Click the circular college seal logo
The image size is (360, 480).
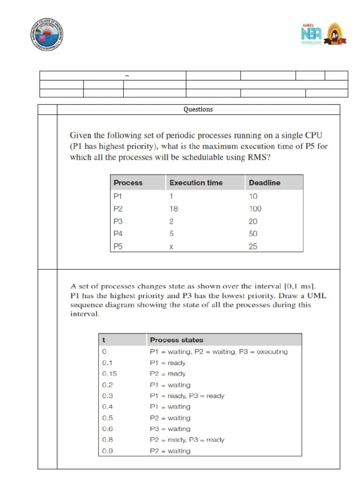click(x=46, y=34)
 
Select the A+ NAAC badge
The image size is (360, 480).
click(x=336, y=34)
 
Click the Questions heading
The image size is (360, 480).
click(x=198, y=109)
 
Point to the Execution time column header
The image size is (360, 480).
click(x=196, y=183)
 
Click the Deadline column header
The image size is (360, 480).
click(x=264, y=183)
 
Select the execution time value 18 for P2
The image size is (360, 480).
click(x=174, y=209)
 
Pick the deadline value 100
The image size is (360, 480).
click(x=255, y=209)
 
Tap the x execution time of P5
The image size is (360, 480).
click(x=171, y=247)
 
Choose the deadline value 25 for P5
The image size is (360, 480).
click(x=253, y=247)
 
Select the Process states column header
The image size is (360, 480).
click(x=176, y=340)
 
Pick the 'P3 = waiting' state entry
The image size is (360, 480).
click(x=170, y=429)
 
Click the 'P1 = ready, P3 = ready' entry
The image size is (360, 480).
click(x=187, y=396)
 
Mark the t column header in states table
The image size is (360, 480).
click(x=104, y=340)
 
